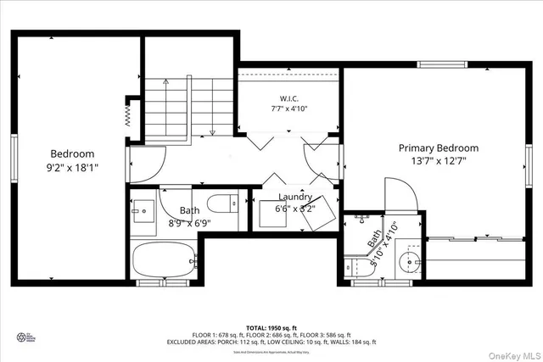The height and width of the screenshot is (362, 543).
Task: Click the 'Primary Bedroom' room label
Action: point(439,148)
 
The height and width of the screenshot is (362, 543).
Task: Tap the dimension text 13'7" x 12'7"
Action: point(439,160)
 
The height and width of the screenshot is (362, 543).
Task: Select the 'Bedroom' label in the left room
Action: point(72,153)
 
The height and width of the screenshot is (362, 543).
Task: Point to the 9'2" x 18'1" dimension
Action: point(72,167)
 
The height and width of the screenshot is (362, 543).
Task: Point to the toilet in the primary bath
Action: point(355,266)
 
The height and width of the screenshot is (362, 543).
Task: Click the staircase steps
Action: point(182,108)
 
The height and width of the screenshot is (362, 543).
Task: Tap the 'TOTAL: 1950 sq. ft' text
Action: point(271,327)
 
